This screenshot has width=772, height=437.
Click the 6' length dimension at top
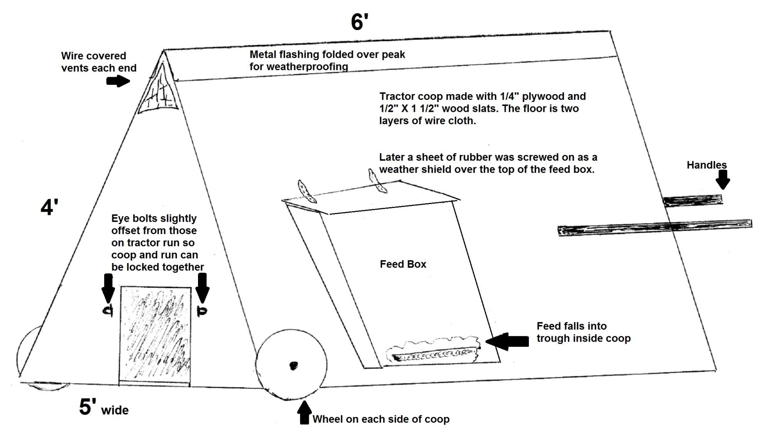[x=359, y=22]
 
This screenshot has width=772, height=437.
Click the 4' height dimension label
[x=49, y=208]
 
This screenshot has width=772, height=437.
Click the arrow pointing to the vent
[x=118, y=81]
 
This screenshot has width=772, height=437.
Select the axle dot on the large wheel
[x=293, y=365]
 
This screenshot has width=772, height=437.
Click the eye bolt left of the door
[x=108, y=310]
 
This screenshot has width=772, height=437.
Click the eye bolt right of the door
[x=201, y=311]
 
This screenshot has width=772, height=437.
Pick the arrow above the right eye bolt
[x=202, y=287]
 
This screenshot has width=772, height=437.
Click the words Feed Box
[x=403, y=264]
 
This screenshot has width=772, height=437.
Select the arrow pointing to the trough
[x=506, y=341]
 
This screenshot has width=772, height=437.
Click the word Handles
[x=706, y=165]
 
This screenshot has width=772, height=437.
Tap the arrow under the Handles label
[x=723, y=179]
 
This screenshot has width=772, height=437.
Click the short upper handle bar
[x=693, y=201]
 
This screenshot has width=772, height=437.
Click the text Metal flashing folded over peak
[x=327, y=54]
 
